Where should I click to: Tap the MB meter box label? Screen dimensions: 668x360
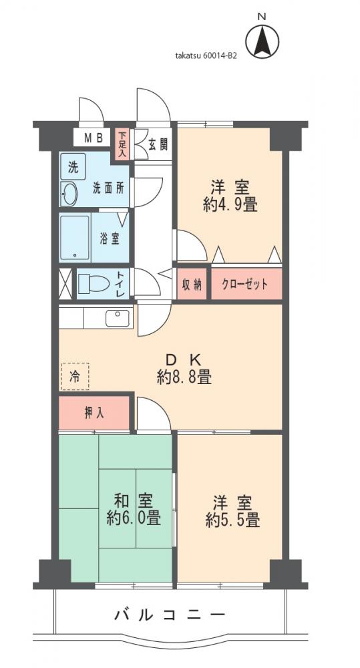92,138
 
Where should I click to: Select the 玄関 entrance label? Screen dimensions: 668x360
158,143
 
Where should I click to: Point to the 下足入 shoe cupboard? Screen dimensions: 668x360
122,144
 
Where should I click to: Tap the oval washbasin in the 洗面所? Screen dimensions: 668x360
69,194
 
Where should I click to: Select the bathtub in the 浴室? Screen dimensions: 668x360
75,238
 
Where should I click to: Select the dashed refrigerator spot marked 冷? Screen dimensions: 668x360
73,376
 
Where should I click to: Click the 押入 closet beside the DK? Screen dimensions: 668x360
94,413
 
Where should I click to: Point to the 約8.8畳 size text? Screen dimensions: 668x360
184,378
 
